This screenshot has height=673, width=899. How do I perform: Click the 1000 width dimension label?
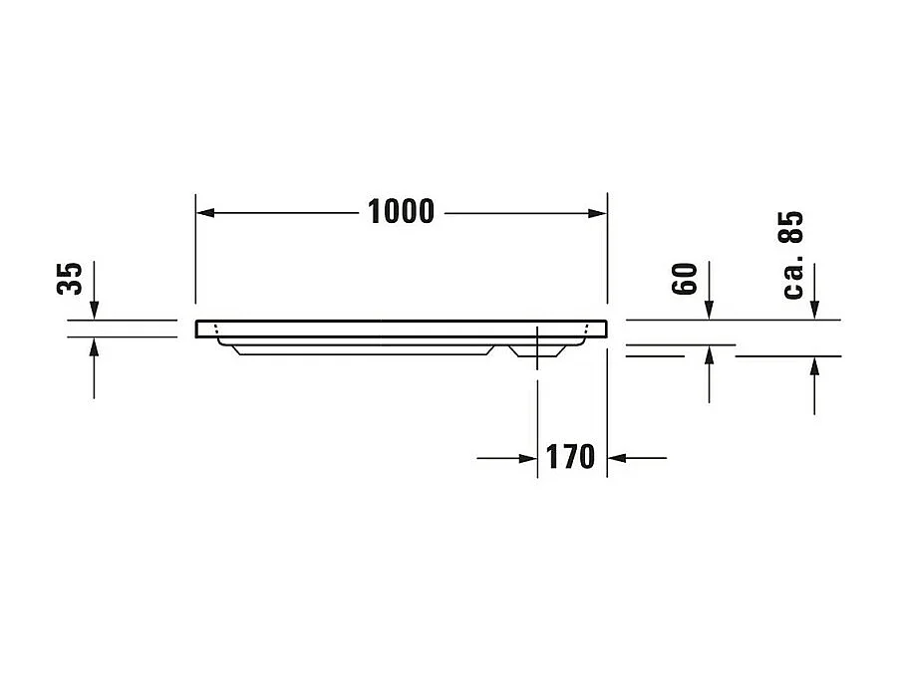401,212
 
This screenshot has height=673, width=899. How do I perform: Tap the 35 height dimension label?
69,280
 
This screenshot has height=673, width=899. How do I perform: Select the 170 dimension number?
571,458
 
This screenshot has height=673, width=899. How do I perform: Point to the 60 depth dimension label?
683,280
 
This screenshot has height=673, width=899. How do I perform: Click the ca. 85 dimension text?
792,256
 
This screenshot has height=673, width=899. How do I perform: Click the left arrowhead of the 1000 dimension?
203,213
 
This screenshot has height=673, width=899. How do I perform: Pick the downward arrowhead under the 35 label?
94,311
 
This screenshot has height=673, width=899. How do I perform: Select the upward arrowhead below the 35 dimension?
94,346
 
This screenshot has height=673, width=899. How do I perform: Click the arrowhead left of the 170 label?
528,458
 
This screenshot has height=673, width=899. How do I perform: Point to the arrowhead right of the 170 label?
616,458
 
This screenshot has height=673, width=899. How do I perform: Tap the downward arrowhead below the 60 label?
709,311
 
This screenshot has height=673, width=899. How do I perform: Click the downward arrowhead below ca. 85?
814,311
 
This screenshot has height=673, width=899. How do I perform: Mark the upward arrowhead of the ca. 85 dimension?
814,365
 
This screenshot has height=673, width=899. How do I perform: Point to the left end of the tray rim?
199,329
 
